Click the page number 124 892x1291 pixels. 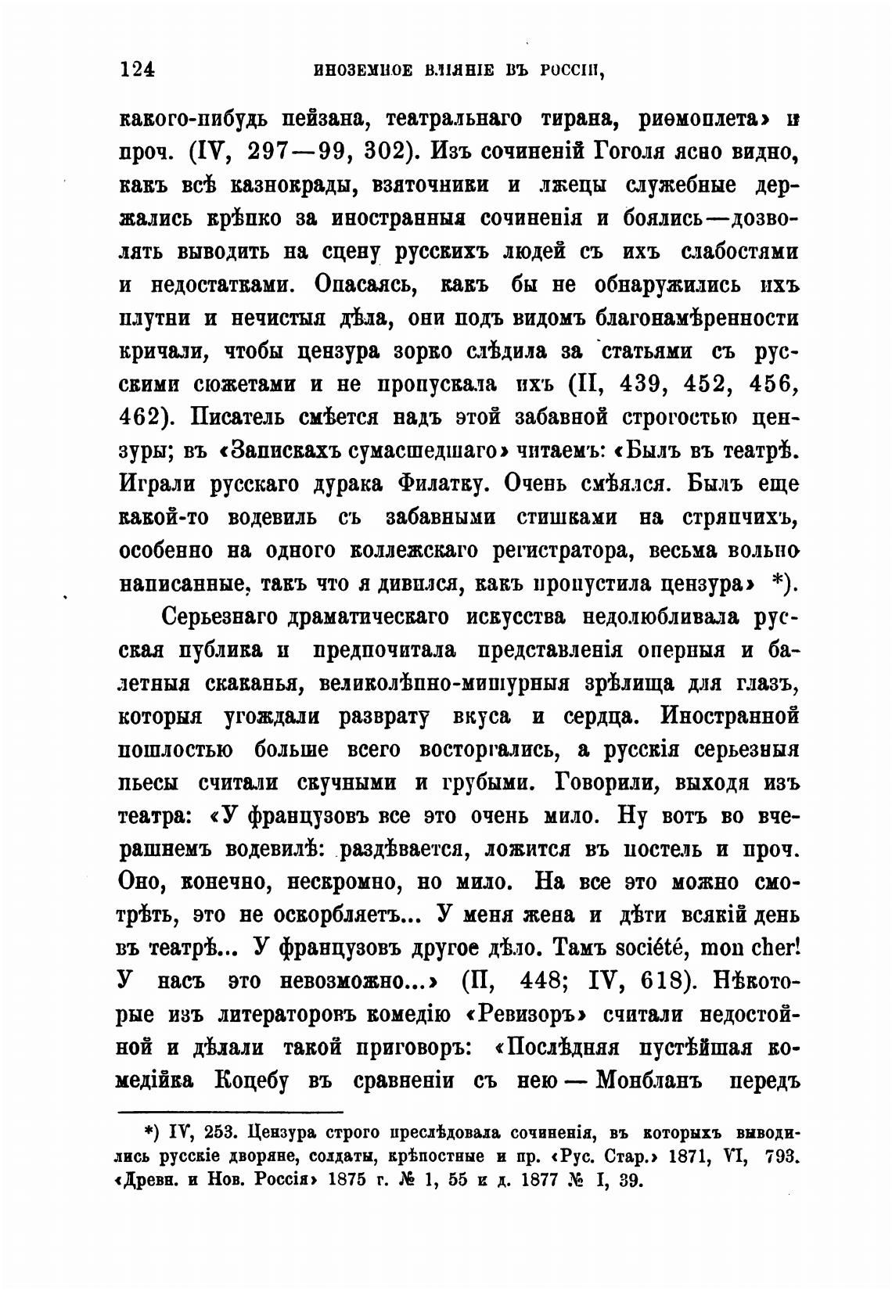pyautogui.click(x=138, y=69)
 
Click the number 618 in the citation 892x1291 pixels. pyautogui.click(x=667, y=981)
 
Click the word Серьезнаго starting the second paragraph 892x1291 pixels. pyautogui.click(x=220, y=617)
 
